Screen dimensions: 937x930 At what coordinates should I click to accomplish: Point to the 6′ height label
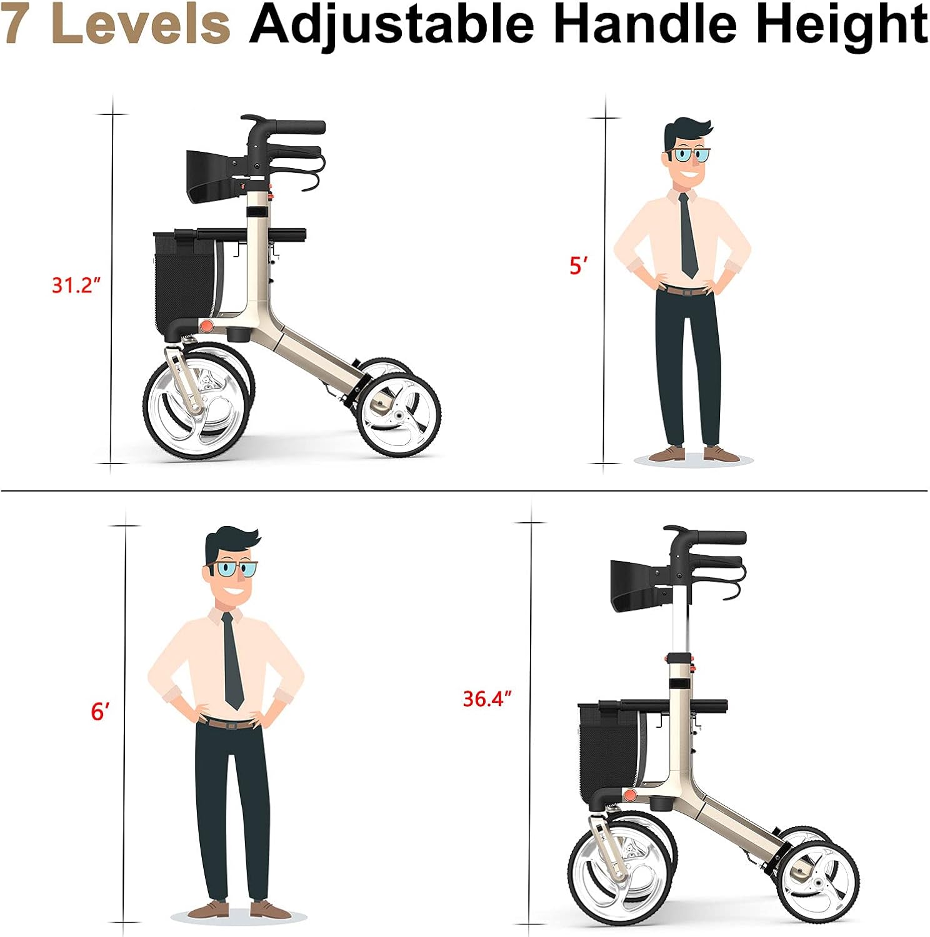101,711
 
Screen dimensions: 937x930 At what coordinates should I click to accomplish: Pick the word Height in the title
841,25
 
